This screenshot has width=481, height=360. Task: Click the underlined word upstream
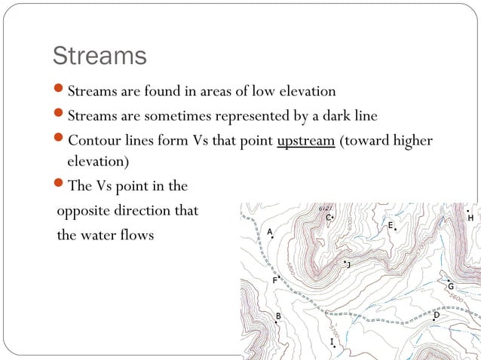(x=306, y=142)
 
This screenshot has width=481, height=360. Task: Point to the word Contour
(x=93, y=142)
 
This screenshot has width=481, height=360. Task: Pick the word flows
(x=136, y=235)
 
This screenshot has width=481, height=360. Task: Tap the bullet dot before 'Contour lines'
(x=60, y=142)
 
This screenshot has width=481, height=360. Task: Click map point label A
(x=270, y=231)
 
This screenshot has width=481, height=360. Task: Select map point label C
(x=328, y=218)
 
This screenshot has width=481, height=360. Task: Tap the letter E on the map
(x=390, y=225)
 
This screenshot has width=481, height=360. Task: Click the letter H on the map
(x=471, y=218)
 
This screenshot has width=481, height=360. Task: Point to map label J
(x=348, y=264)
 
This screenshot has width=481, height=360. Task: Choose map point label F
(x=275, y=280)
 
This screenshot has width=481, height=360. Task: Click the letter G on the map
(x=450, y=286)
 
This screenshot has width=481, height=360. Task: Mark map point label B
(x=278, y=316)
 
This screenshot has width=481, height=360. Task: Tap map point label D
(x=437, y=315)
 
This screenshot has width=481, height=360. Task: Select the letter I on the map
(x=332, y=342)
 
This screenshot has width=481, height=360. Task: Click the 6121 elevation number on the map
(x=325, y=207)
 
